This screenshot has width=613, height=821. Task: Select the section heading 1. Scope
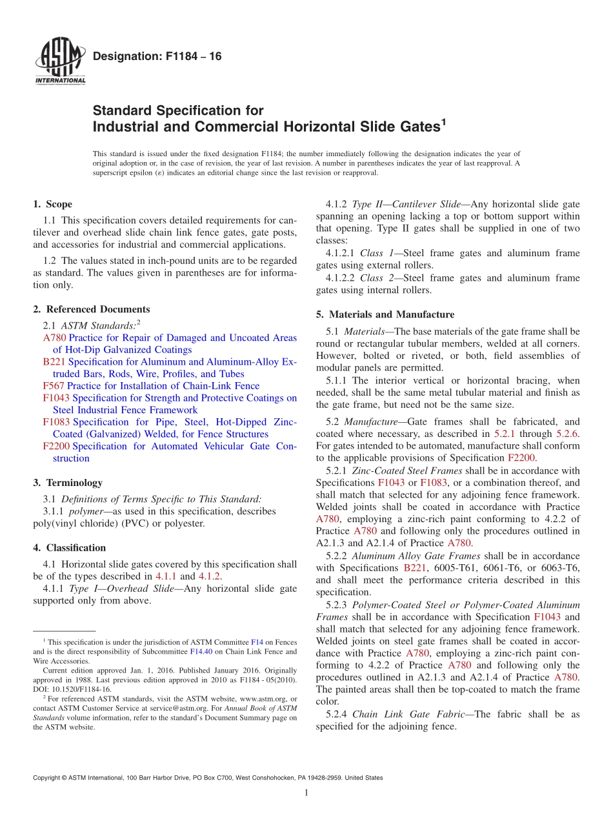pos(52,205)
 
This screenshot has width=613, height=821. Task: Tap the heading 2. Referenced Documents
pos(91,309)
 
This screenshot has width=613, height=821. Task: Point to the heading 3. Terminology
pos(67,482)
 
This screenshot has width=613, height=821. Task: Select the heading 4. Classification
pos(69,548)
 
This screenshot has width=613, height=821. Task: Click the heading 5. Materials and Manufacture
pos(385,314)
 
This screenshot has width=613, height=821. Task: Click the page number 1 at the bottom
pos(306,793)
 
